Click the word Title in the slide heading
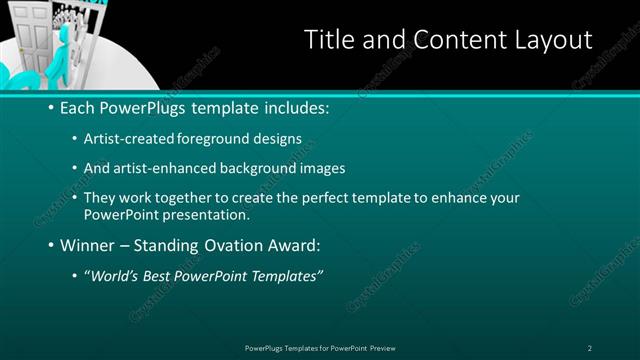click(x=328, y=40)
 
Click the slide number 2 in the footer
click(x=590, y=347)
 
